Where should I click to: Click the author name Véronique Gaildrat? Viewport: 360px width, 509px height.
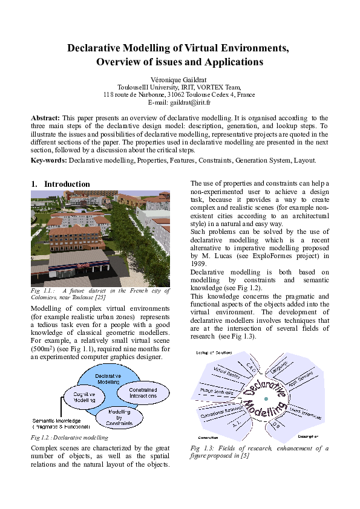click(180, 79)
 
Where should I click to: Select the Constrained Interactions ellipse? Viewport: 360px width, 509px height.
click(143, 393)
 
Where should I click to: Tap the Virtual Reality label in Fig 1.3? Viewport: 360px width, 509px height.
click(224, 374)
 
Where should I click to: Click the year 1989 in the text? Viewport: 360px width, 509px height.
click(200, 264)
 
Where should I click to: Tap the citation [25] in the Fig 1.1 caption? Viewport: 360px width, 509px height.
click(100, 297)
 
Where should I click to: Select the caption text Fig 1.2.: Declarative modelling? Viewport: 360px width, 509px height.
click(69, 437)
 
